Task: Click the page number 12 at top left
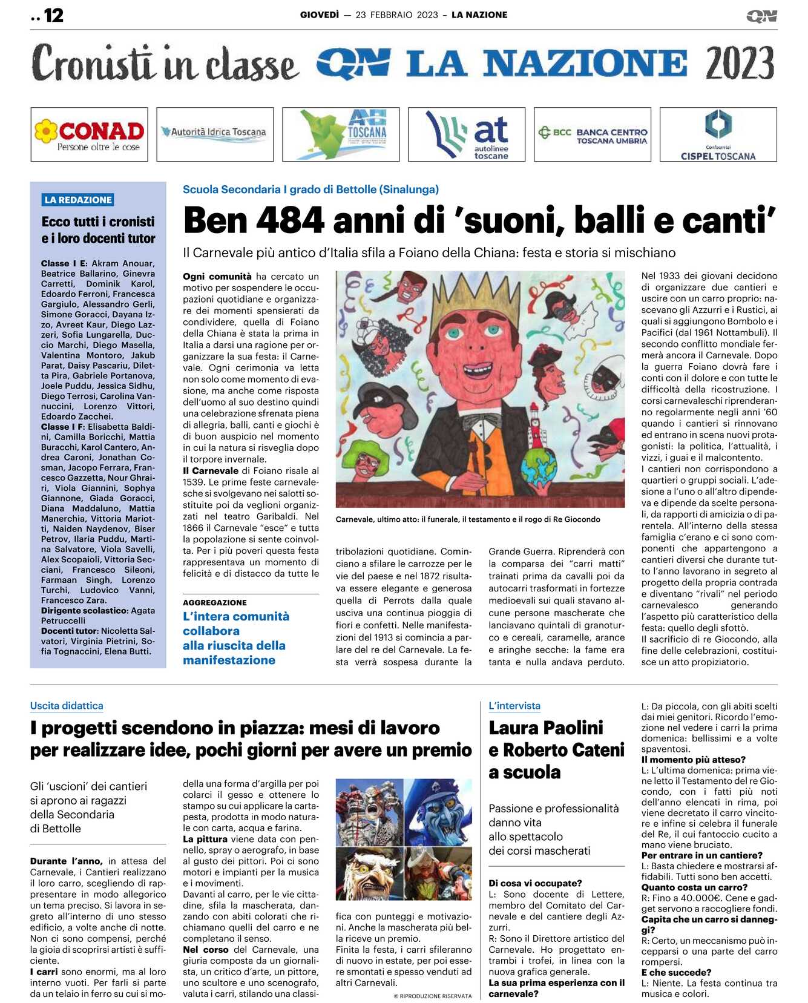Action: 53,15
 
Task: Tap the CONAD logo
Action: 90,134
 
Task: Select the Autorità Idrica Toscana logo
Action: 215,133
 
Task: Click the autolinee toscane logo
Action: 467,134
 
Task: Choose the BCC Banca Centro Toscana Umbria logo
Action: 593,134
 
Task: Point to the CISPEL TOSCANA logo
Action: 718,134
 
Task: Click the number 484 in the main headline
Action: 291,220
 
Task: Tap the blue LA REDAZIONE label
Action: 78,200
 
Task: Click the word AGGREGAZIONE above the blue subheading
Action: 214,602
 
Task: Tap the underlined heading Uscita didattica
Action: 67,705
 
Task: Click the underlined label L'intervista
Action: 514,705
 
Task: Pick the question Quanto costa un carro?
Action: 694,887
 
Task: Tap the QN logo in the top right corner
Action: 761,16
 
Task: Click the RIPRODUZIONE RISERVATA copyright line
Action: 432,996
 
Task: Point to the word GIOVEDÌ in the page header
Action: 319,15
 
